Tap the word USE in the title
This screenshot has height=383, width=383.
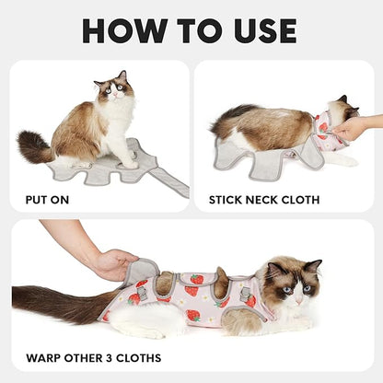(261, 29)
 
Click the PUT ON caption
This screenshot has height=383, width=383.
(46, 198)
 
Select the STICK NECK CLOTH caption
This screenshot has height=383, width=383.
(264, 198)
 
